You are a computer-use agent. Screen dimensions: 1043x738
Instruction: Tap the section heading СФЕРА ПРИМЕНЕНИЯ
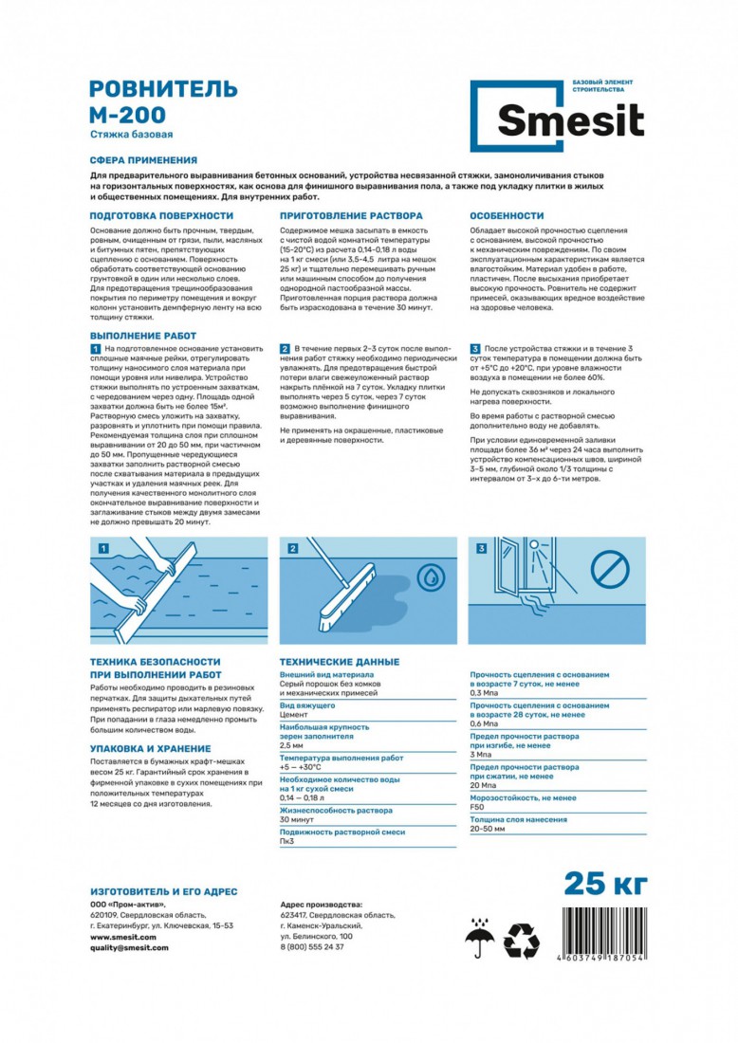(x=143, y=161)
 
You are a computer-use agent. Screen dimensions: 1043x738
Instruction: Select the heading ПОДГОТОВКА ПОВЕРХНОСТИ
(x=161, y=216)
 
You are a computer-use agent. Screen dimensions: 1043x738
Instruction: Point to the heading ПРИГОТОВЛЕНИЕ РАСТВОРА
(x=351, y=216)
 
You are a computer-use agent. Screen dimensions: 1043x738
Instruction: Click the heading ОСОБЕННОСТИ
(x=507, y=216)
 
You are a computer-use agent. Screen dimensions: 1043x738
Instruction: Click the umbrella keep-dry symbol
(x=480, y=942)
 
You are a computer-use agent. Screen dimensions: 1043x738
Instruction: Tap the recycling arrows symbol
(x=522, y=942)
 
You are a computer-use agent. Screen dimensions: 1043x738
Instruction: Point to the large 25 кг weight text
(x=606, y=883)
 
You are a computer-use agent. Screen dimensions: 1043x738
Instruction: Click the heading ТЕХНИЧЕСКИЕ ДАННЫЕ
(x=339, y=662)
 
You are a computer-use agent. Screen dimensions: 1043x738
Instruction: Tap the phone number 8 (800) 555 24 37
(x=313, y=946)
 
